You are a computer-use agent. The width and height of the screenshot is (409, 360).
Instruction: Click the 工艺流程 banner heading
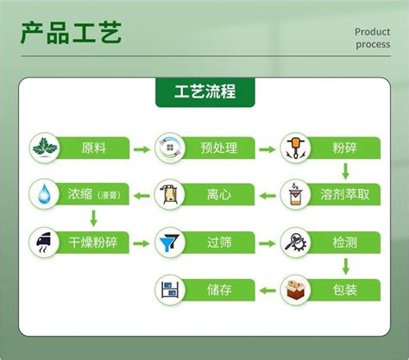(x=205, y=92)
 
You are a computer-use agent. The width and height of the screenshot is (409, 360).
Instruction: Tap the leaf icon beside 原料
(x=45, y=148)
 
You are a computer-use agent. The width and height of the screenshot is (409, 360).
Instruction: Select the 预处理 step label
(x=219, y=148)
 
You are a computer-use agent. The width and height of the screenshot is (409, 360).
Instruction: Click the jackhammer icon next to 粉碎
(x=295, y=148)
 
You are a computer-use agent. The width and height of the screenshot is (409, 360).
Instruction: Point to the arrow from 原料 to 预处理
(x=142, y=149)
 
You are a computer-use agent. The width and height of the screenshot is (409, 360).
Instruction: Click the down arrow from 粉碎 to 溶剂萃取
(x=346, y=172)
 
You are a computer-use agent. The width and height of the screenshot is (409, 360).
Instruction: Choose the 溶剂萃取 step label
(x=344, y=194)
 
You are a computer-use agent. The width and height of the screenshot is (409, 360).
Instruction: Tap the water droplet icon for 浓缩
(x=44, y=193)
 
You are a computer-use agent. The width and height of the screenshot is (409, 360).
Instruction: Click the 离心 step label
(x=219, y=195)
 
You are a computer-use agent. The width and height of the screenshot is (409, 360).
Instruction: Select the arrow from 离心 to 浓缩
(x=142, y=196)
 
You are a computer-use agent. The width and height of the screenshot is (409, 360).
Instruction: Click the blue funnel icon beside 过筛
(x=170, y=243)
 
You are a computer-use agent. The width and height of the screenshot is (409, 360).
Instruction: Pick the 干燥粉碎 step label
(x=93, y=243)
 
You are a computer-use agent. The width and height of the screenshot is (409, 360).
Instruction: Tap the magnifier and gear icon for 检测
(x=296, y=243)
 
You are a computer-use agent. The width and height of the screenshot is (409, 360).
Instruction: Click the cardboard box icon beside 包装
(x=296, y=290)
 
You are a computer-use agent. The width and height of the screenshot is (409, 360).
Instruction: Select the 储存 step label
(x=219, y=290)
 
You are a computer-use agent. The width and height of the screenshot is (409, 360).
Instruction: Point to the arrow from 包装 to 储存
(x=267, y=290)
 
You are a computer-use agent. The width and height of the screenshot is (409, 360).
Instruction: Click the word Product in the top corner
(x=372, y=32)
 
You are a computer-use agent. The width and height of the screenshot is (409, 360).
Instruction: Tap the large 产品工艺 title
(x=71, y=33)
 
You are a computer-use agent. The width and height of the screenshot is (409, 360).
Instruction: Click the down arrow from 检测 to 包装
(x=346, y=266)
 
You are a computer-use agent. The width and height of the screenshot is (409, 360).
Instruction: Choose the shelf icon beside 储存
(x=170, y=289)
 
